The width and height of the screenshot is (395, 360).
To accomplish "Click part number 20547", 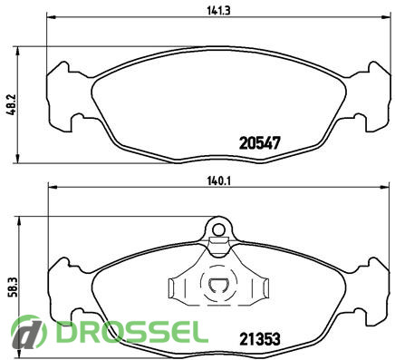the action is pos(259,143).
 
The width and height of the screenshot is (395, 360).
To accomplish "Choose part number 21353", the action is pos(260,339).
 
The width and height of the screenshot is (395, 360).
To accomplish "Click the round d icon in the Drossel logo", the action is pos(29,333).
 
